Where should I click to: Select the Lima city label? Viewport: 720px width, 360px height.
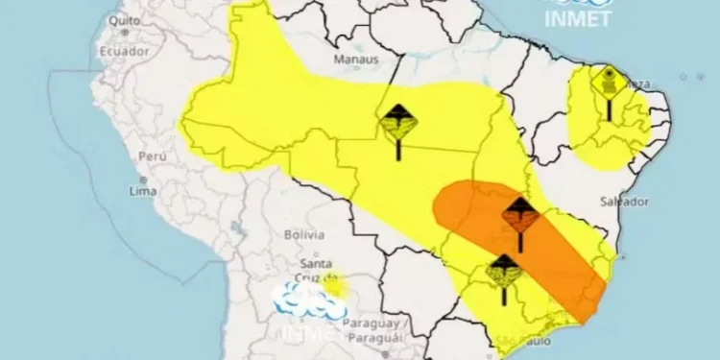pyautogui.click(x=143, y=192)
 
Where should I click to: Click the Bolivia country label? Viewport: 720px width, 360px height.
pyautogui.click(x=305, y=233)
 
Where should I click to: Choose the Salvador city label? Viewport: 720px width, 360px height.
pyautogui.click(x=624, y=202)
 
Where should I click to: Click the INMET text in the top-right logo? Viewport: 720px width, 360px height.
pyautogui.click(x=577, y=20)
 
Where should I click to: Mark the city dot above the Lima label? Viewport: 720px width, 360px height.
pyautogui.click(x=142, y=179)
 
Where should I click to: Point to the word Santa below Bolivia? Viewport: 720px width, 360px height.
pyautogui.click(x=317, y=264)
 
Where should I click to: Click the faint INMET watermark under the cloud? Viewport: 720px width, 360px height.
pyautogui.click(x=309, y=332)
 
